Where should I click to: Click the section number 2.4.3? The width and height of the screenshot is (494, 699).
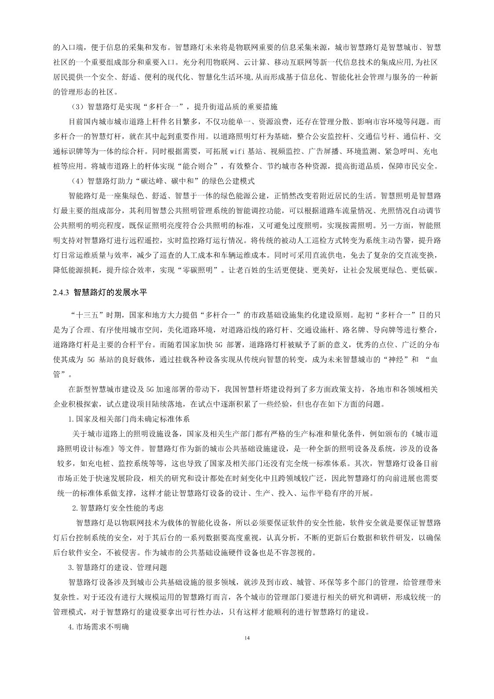[x=59, y=292]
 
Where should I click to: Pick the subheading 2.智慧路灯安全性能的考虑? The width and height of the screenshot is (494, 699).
[x=117, y=508]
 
